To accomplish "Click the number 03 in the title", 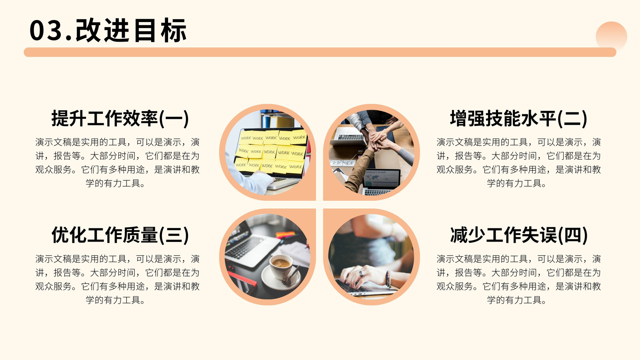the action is click(46, 30).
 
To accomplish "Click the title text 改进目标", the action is click(131, 30).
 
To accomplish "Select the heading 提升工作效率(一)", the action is click(120, 118).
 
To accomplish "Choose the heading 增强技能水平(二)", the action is click(518, 118).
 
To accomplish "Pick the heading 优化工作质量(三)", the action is click(120, 235).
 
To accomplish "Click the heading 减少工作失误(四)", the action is click(518, 235).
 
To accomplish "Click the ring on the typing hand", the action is click(362, 274).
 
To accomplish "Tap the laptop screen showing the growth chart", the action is click(382, 178).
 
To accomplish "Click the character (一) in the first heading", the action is click(174, 118).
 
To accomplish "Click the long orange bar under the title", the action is click(320, 52).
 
